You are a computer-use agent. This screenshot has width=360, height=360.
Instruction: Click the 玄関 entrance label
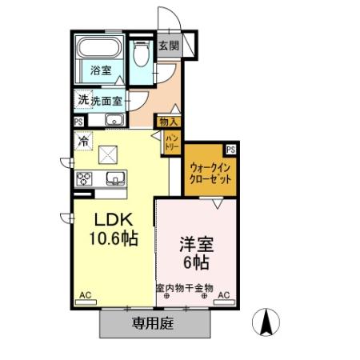(x=167, y=46)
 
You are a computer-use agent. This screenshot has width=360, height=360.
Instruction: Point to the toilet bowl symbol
(x=141, y=54)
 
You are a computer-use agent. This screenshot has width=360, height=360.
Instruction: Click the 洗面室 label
(x=107, y=101)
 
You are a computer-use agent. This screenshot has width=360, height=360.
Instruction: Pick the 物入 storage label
(x=169, y=122)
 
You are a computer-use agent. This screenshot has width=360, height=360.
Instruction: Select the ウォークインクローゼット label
(x=210, y=173)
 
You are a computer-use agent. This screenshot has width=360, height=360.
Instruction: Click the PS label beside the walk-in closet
(x=230, y=149)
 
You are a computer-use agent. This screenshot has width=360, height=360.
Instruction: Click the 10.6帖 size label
(x=113, y=238)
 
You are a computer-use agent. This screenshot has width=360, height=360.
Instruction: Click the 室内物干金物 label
(x=185, y=288)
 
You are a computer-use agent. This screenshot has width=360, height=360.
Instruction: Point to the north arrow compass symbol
(x=267, y=323)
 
